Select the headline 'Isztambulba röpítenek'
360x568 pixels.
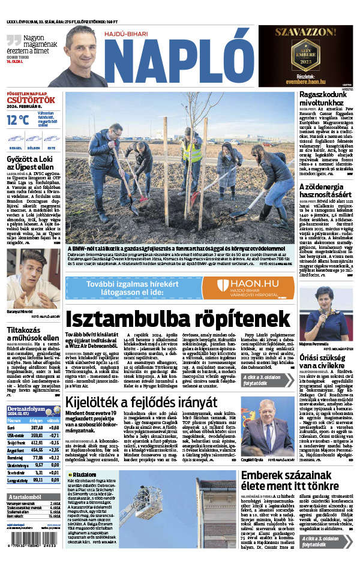178,318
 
